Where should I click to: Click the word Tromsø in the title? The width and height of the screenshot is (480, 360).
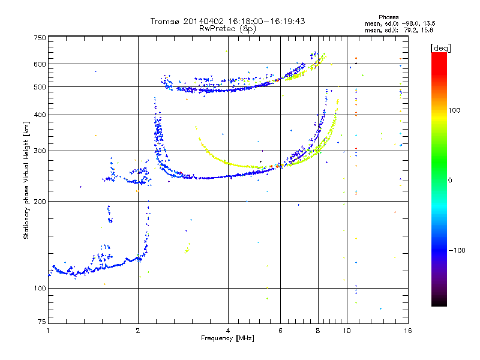click(x=164, y=21)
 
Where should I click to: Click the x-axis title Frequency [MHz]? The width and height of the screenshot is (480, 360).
click(x=227, y=339)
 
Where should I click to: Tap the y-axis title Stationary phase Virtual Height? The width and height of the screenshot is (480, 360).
click(x=26, y=180)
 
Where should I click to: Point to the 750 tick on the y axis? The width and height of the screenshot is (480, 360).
click(x=40, y=38)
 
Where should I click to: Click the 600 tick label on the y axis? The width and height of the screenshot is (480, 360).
click(x=40, y=64)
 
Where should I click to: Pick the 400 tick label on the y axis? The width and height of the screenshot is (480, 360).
click(x=40, y=115)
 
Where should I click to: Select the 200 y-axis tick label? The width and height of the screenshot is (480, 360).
click(x=40, y=201)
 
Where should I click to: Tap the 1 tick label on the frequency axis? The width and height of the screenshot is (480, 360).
click(x=48, y=331)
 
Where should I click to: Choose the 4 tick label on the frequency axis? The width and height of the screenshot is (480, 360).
click(x=228, y=331)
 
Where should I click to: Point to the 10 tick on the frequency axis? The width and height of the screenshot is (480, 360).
click(x=347, y=331)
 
